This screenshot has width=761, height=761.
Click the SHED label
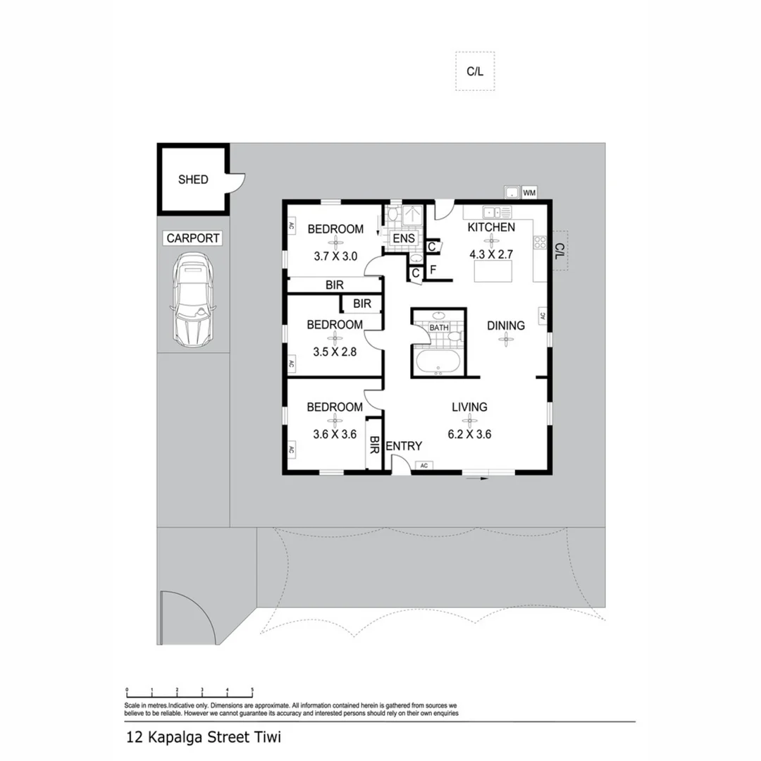point(192,180)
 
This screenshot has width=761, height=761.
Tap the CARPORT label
point(192,238)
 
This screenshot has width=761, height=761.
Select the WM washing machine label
point(529,192)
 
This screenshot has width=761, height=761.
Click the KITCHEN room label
point(491,227)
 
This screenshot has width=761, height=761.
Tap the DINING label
point(506,326)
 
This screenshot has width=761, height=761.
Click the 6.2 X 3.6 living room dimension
point(469,434)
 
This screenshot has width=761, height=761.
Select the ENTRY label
point(404,446)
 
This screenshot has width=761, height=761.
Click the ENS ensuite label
point(404,239)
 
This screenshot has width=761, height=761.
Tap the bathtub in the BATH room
point(438,364)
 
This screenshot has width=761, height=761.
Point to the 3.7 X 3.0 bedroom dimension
point(336,256)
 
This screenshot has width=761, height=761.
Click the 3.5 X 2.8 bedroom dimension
point(335,349)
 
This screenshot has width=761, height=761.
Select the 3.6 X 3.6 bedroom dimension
point(335,434)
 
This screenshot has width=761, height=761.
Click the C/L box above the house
point(475,71)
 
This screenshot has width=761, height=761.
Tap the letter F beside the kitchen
point(433,269)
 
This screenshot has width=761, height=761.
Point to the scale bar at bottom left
point(189,692)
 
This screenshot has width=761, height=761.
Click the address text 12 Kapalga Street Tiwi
point(204,739)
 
